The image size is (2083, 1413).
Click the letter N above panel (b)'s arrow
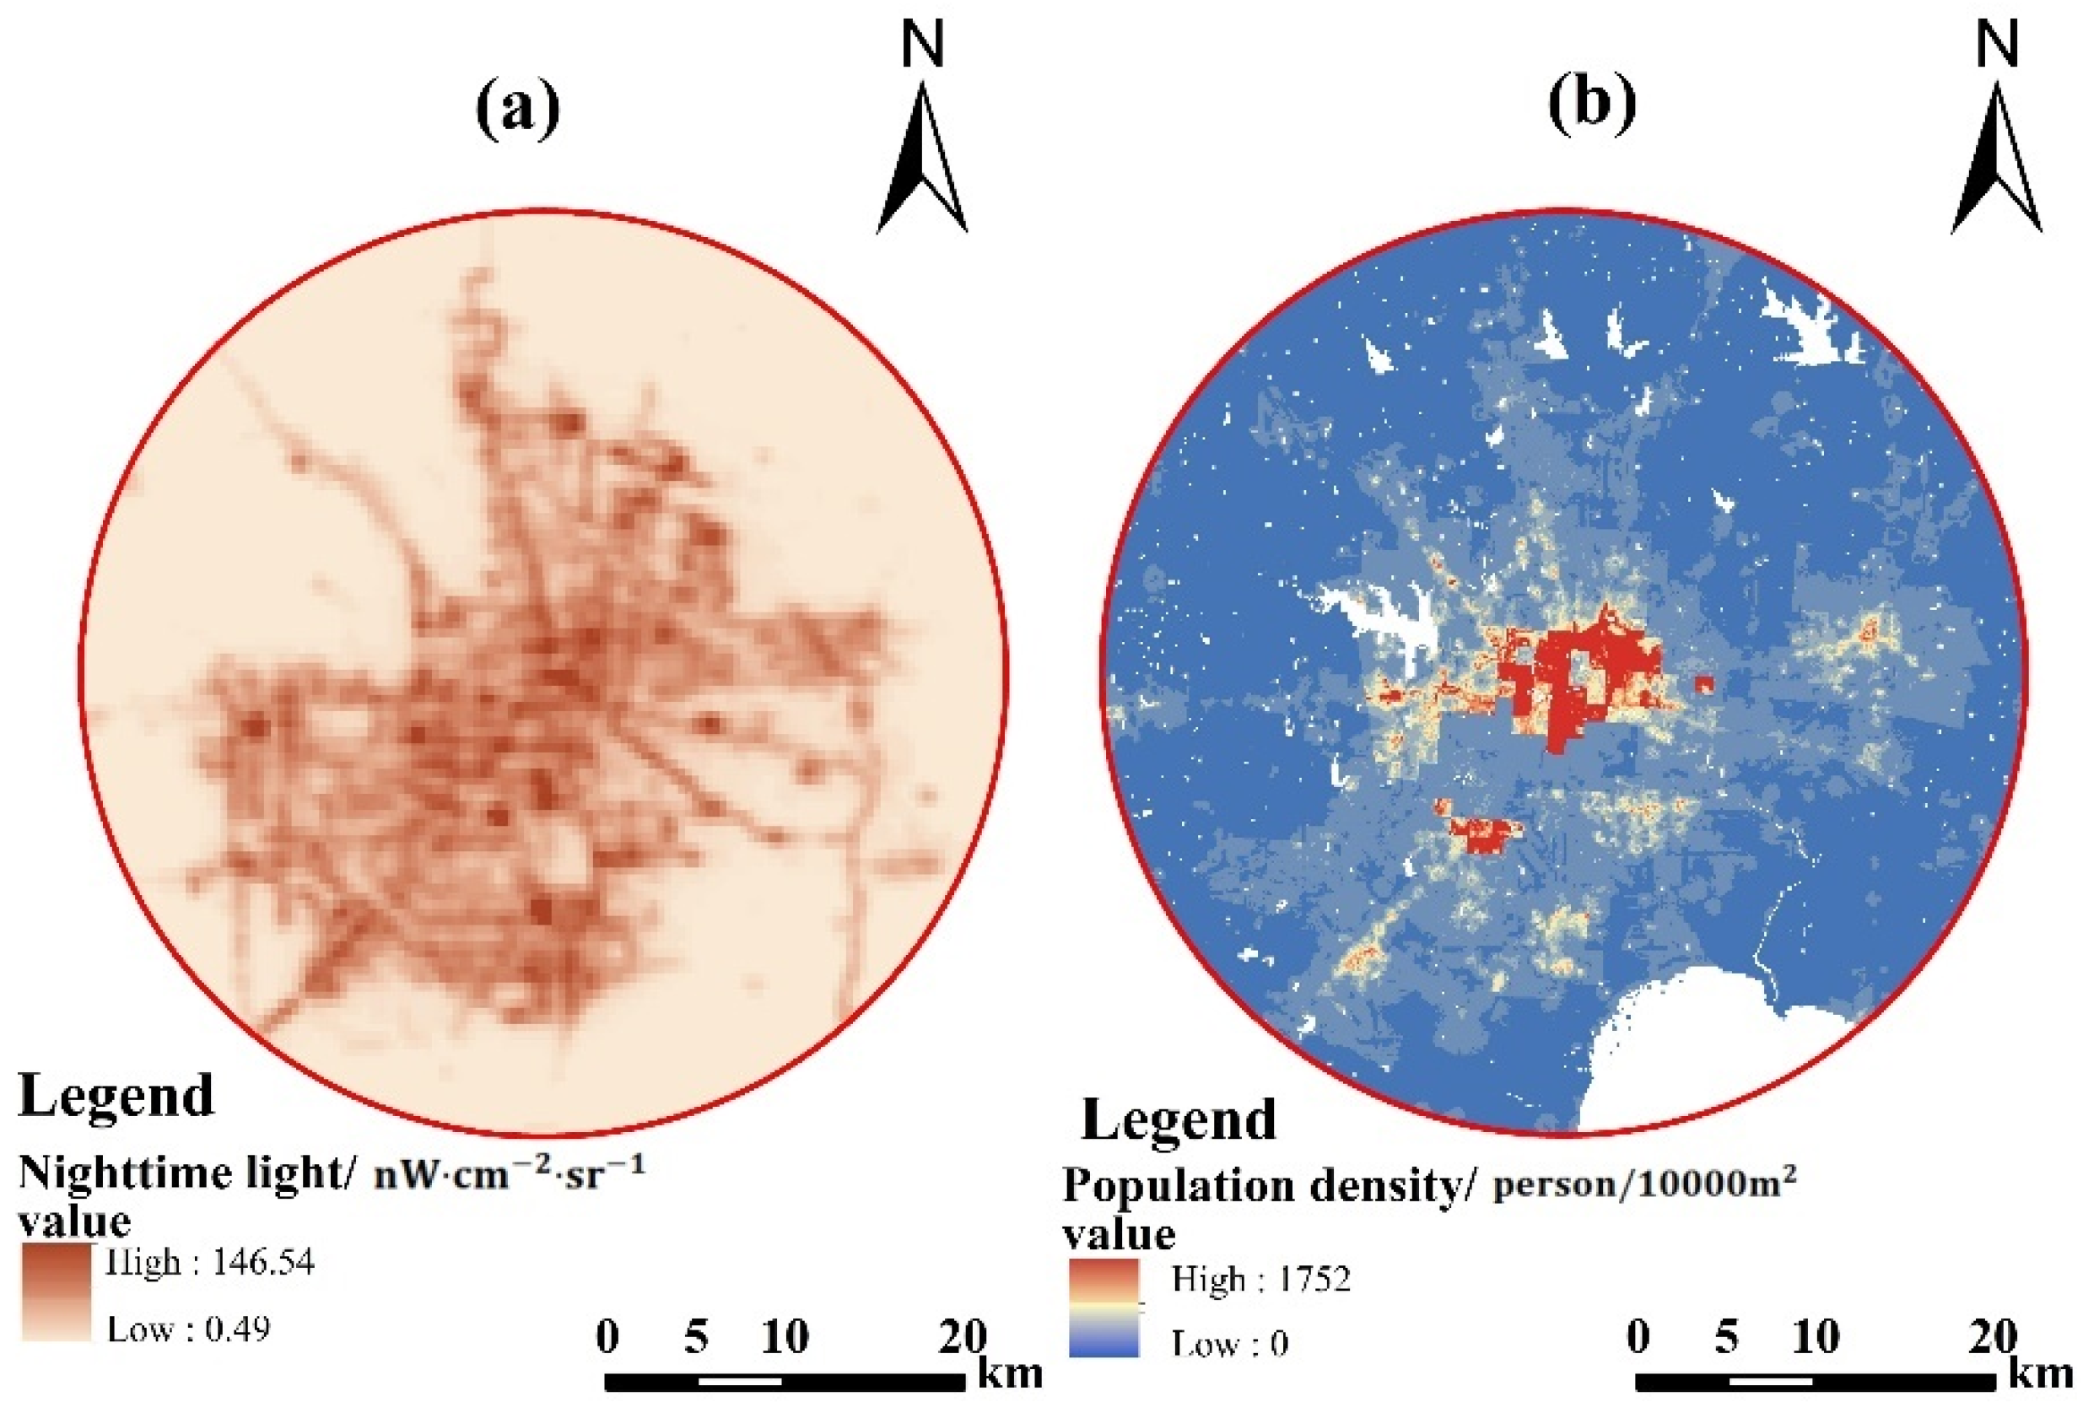1997,45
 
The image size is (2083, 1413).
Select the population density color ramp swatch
1104,1308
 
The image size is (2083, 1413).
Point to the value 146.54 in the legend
262,1263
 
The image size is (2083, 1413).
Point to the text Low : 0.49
188,1329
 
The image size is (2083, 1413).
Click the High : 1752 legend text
1260,1279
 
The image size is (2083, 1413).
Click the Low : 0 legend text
1229,1343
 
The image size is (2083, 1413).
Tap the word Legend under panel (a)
116,1095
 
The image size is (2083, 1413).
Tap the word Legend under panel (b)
1179,1120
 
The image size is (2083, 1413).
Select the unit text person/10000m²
1643,1184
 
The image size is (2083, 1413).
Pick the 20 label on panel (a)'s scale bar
962,1337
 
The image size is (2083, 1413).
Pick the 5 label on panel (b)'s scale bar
1726,1337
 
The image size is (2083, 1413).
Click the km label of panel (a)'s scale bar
1010,1373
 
